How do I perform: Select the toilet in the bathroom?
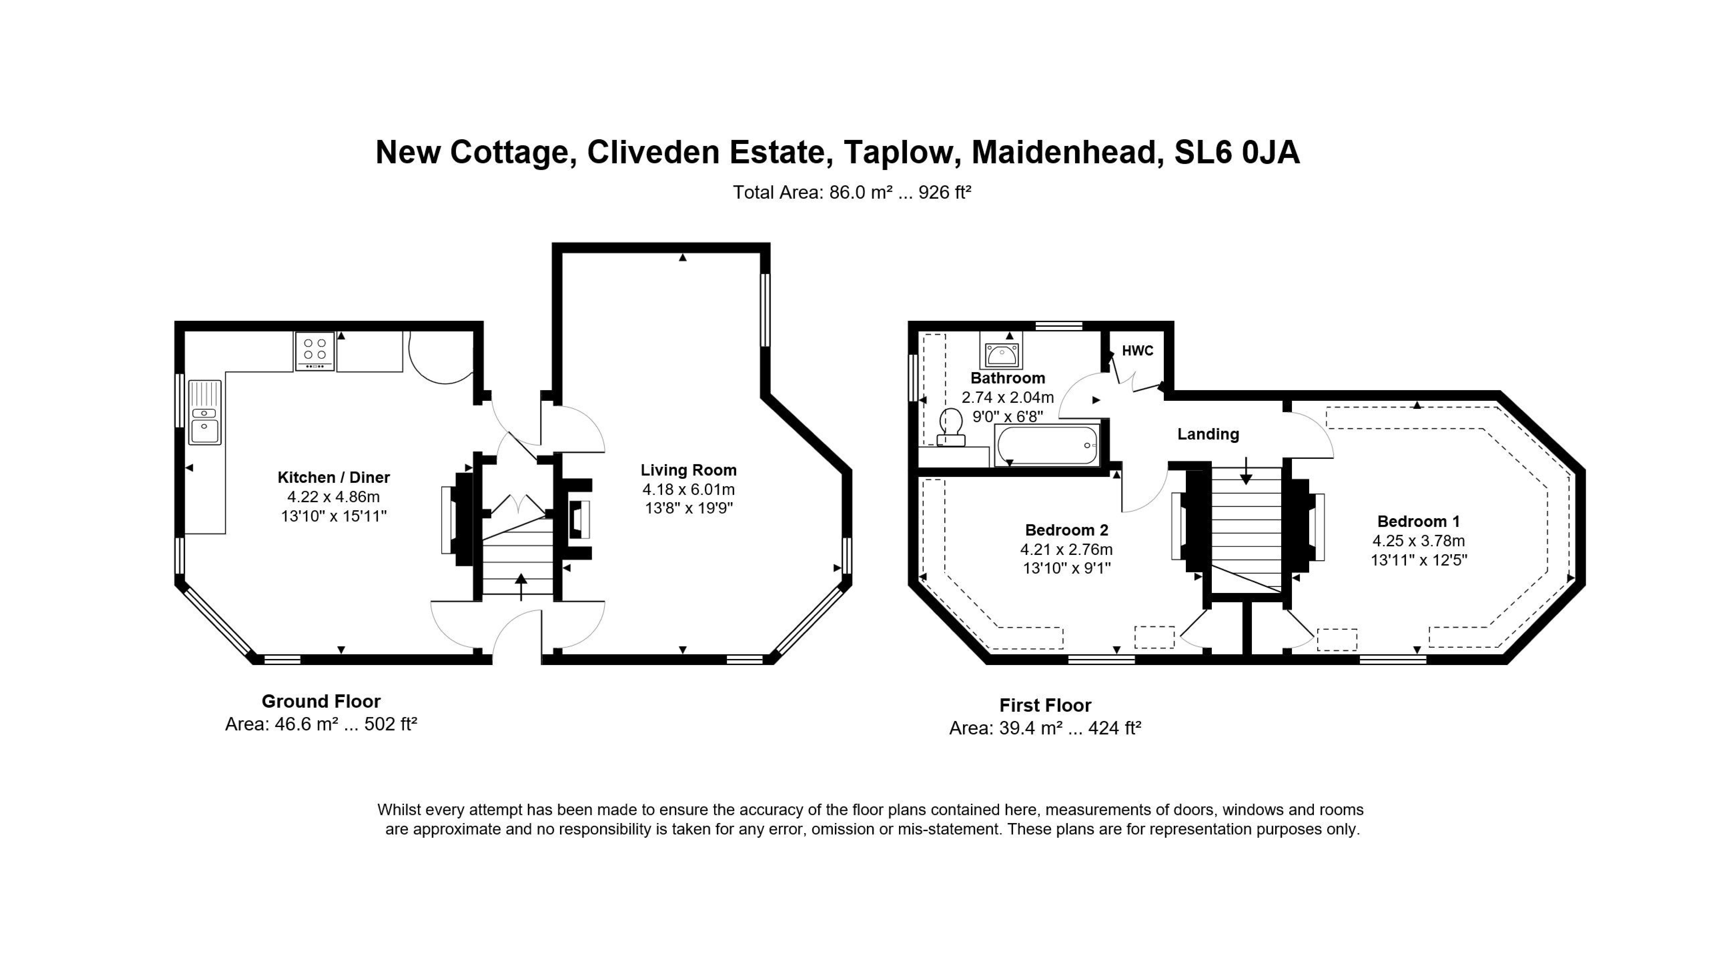(x=951, y=427)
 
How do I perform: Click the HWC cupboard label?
(x=1137, y=351)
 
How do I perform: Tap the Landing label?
(x=1208, y=434)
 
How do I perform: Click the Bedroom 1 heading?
(x=1418, y=521)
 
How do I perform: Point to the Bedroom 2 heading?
(x=1066, y=530)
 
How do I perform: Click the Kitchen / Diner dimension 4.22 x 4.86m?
(x=333, y=496)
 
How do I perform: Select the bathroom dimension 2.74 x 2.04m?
(x=1007, y=398)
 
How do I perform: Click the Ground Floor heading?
(x=321, y=701)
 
